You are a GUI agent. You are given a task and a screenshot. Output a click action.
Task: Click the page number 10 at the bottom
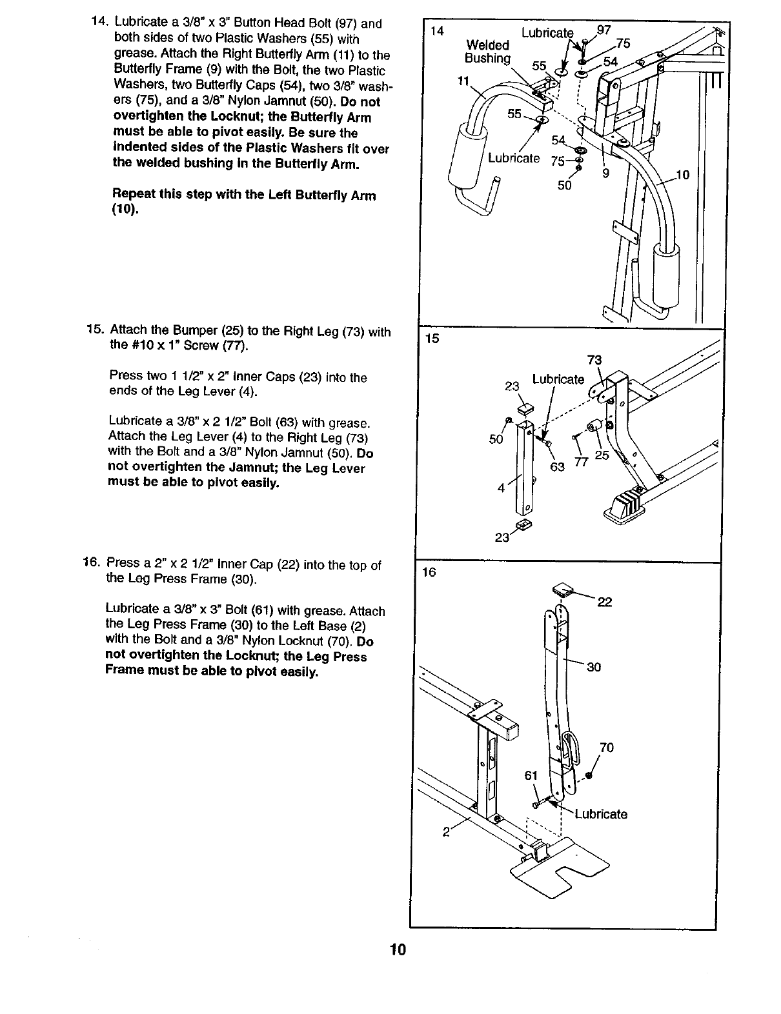397,950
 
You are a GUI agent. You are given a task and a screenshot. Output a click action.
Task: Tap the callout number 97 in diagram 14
604,30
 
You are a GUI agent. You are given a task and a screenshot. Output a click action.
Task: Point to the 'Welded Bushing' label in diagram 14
487,52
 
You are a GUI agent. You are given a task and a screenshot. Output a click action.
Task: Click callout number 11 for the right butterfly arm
462,81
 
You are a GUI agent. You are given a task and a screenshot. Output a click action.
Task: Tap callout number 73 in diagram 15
594,359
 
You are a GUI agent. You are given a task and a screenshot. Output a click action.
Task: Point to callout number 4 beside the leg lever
501,488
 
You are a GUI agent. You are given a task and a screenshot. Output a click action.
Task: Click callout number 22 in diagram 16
605,602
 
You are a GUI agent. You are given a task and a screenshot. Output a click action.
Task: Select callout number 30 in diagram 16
594,667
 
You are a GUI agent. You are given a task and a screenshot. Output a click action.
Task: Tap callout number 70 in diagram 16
607,748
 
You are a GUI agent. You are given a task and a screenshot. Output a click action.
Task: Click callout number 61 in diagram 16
531,775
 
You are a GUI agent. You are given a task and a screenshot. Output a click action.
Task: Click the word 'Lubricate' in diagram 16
601,814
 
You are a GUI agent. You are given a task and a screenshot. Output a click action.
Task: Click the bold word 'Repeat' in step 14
134,195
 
